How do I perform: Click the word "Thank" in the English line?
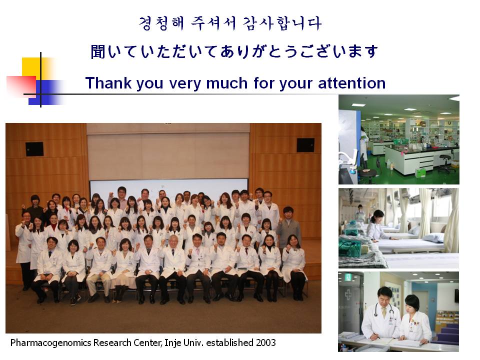click(108, 83)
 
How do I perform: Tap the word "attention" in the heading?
click(351, 83)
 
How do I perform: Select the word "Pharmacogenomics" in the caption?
click(51, 343)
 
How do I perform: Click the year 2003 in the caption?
click(266, 342)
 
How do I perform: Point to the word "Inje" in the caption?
click(172, 343)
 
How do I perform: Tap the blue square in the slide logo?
click(46, 92)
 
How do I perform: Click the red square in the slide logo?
click(21, 85)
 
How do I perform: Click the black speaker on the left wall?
click(34, 149)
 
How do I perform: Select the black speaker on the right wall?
click(305, 145)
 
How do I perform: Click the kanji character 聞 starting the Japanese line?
click(98, 51)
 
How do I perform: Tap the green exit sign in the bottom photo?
click(348, 277)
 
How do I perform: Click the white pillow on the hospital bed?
click(434, 237)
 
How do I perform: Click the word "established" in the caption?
click(229, 342)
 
